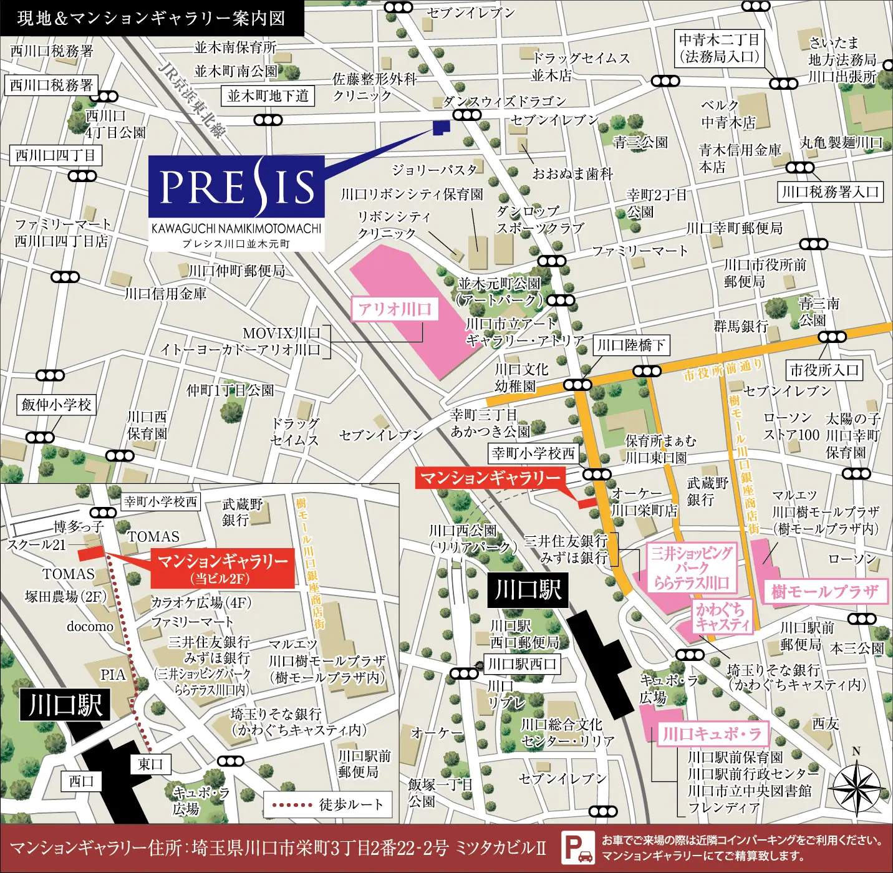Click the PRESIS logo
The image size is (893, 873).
(x=236, y=187)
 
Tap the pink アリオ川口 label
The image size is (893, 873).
(x=394, y=309)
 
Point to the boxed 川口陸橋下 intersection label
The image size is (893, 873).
(x=630, y=345)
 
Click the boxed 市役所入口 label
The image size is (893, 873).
(x=824, y=370)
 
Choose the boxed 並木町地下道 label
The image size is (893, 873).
(x=268, y=96)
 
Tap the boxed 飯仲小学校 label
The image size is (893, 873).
(x=56, y=405)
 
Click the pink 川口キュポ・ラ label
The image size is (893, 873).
(x=712, y=734)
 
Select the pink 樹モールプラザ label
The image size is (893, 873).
(x=824, y=591)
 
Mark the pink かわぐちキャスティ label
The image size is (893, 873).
(x=722, y=617)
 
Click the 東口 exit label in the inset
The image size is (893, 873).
(x=150, y=764)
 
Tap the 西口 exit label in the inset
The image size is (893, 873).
(x=81, y=781)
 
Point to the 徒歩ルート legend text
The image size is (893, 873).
(x=351, y=804)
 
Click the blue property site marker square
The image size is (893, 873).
(x=442, y=127)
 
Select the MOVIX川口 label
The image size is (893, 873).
(x=281, y=334)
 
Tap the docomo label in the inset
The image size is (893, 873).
(x=90, y=626)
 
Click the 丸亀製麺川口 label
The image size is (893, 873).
(x=841, y=143)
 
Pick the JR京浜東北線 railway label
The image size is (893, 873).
(x=192, y=100)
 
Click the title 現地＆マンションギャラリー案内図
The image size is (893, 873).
(x=151, y=18)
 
